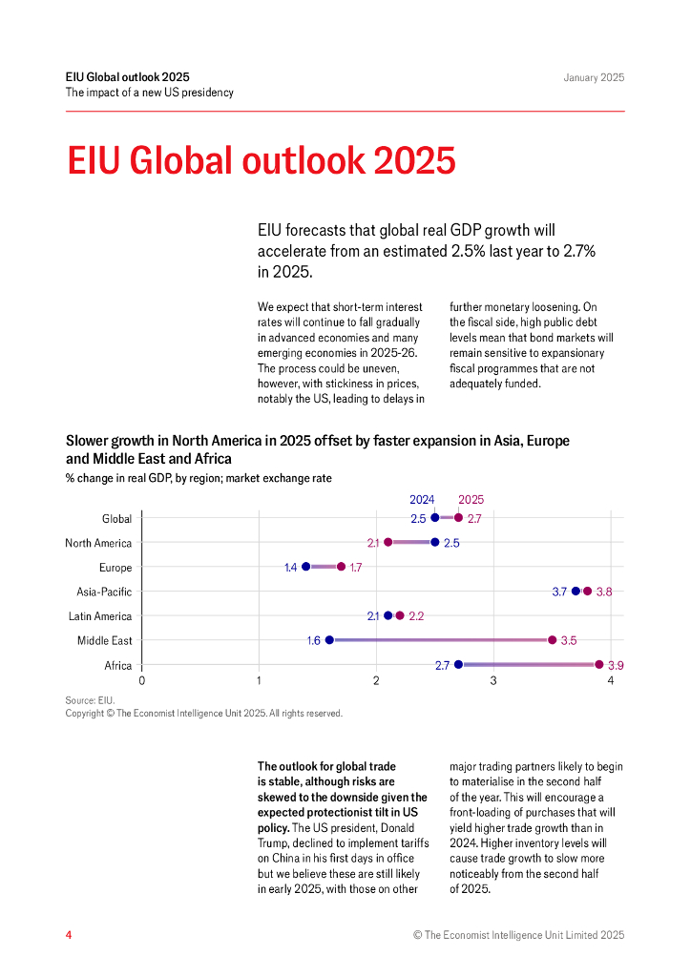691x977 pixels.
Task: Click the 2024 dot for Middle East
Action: click(329, 640)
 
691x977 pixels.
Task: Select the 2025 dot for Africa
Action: click(598, 665)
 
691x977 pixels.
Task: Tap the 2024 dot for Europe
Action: click(305, 567)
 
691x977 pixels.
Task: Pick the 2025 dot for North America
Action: click(387, 542)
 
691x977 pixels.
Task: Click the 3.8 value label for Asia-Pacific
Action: click(604, 592)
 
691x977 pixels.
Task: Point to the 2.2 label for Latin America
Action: click(416, 616)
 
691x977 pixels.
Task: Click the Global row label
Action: click(116, 519)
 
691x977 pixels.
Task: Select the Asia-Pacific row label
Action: click(104, 592)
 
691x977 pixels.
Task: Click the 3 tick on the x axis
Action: click(493, 681)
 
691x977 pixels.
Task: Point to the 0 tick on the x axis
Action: click(142, 681)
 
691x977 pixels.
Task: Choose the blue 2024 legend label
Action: click(422, 499)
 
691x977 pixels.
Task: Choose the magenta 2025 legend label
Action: click(471, 499)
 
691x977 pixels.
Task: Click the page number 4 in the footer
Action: click(69, 935)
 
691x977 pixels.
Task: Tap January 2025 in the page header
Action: click(594, 77)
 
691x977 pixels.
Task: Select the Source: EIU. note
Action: click(90, 699)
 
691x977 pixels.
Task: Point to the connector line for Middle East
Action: click(439, 640)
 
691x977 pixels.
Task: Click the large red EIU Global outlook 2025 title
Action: click(262, 161)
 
